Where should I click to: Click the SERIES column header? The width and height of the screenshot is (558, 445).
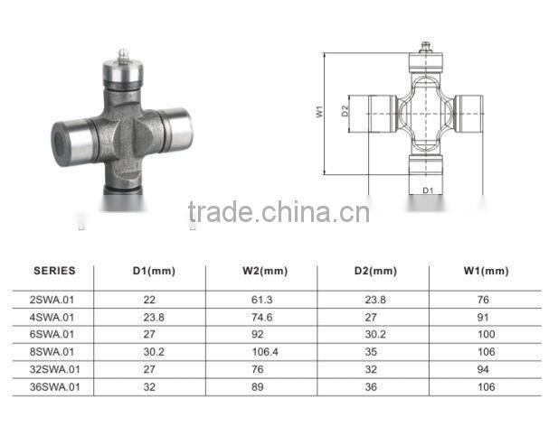(x=54, y=270)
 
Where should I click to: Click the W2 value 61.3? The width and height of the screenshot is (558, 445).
(x=262, y=298)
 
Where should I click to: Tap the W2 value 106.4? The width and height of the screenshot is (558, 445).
(x=264, y=351)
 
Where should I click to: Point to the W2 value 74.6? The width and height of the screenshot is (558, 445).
(x=262, y=316)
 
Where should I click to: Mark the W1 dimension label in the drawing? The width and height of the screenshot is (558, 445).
(x=321, y=113)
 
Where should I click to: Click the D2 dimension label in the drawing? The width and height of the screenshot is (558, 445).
(x=345, y=112)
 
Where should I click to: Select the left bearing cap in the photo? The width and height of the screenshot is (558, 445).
(x=71, y=141)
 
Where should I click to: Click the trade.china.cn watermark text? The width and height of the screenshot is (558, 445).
(x=279, y=213)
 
